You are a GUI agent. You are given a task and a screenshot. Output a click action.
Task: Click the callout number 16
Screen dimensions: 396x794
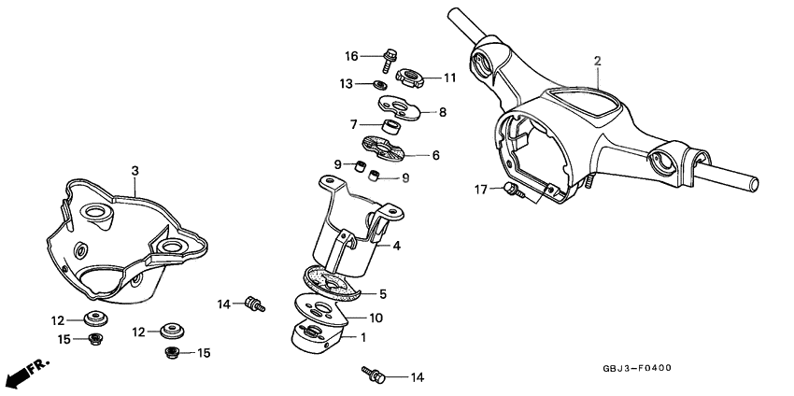pyautogui.click(x=351, y=54)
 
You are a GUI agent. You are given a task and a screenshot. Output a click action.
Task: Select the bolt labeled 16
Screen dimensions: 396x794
pyautogui.click(x=388, y=60)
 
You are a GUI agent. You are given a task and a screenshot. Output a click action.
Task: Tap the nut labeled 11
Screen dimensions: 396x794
pyautogui.click(x=408, y=76)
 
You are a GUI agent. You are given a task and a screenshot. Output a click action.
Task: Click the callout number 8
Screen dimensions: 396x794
pyautogui.click(x=443, y=112)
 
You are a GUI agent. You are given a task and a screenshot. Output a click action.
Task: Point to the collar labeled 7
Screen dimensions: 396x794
pyautogui.click(x=391, y=125)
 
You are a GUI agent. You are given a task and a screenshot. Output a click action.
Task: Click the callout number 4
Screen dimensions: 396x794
pyautogui.click(x=396, y=247)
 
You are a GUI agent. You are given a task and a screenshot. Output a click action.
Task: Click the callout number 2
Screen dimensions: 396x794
pyautogui.click(x=597, y=61)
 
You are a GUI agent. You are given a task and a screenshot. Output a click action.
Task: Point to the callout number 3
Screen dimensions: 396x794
pyautogui.click(x=135, y=171)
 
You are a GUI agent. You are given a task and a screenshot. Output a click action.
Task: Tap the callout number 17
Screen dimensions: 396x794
pyautogui.click(x=481, y=190)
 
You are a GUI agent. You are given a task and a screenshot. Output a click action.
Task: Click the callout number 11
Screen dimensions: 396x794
pyautogui.click(x=449, y=78)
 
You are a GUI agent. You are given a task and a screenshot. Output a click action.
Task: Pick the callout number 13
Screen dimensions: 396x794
pyautogui.click(x=346, y=84)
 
